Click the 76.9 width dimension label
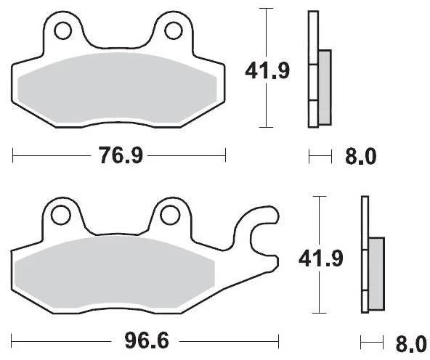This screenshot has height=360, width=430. (x=121, y=155)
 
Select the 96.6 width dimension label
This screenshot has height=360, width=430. (x=147, y=341)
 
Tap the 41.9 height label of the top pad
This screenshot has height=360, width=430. (x=267, y=71)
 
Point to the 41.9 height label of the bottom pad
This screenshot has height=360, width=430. (x=320, y=259)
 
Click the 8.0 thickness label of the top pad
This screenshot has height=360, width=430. (x=360, y=157)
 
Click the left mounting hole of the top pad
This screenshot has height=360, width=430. (x=63, y=30)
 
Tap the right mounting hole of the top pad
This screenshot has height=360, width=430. (x=174, y=30)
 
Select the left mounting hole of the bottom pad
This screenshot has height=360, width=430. (x=60, y=216)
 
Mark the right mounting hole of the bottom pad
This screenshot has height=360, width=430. (x=169, y=215)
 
